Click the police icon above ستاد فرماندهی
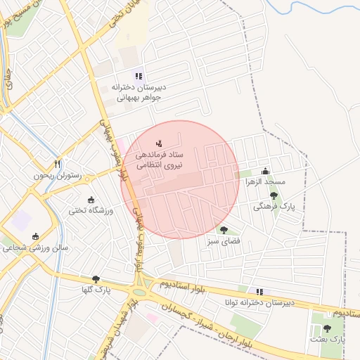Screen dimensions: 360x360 (158, 143)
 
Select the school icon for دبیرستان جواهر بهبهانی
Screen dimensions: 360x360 (139, 76)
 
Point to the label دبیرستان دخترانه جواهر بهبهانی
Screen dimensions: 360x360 (137, 92)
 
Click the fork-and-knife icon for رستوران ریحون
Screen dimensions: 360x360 (58, 163)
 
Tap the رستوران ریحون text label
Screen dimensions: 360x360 (57, 175)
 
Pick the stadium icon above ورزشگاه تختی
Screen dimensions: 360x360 (90, 199)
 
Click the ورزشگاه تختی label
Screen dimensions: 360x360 (86, 210)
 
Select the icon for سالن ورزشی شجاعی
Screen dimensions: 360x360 (35, 236)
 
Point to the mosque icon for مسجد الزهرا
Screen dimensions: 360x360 (265, 171)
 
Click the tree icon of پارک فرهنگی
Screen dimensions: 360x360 (274, 196)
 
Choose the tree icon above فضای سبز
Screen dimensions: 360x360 (224, 230)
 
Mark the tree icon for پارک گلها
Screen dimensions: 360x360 (96, 279)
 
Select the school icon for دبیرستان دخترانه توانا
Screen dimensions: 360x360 (259, 291)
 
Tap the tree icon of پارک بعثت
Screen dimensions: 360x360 (326, 328)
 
